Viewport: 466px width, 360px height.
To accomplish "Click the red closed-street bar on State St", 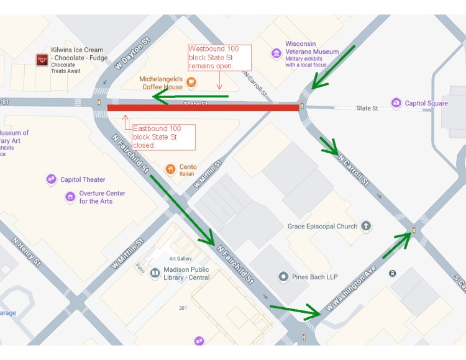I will click(203, 108).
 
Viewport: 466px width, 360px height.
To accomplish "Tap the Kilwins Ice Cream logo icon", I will click(42, 59).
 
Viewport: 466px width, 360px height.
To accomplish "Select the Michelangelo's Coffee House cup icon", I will click(191, 82).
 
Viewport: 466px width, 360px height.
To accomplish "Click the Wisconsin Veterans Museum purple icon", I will click(276, 53).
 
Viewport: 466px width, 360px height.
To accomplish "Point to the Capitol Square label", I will click(426, 103).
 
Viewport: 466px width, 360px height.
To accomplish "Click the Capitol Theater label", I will click(83, 180).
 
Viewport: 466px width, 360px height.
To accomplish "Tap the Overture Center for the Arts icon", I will click(70, 197).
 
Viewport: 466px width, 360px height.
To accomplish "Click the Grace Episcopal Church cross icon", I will click(367, 226).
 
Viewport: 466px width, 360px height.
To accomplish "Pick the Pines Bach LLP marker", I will click(283, 277).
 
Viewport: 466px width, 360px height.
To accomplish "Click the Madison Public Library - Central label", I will click(186, 274).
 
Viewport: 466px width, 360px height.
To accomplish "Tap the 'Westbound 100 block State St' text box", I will click(219, 57).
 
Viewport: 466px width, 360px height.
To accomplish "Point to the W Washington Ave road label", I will click(352, 289).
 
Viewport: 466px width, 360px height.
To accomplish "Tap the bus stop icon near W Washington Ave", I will click(393, 273).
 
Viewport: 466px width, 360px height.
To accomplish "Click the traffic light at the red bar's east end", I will click(303, 106).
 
